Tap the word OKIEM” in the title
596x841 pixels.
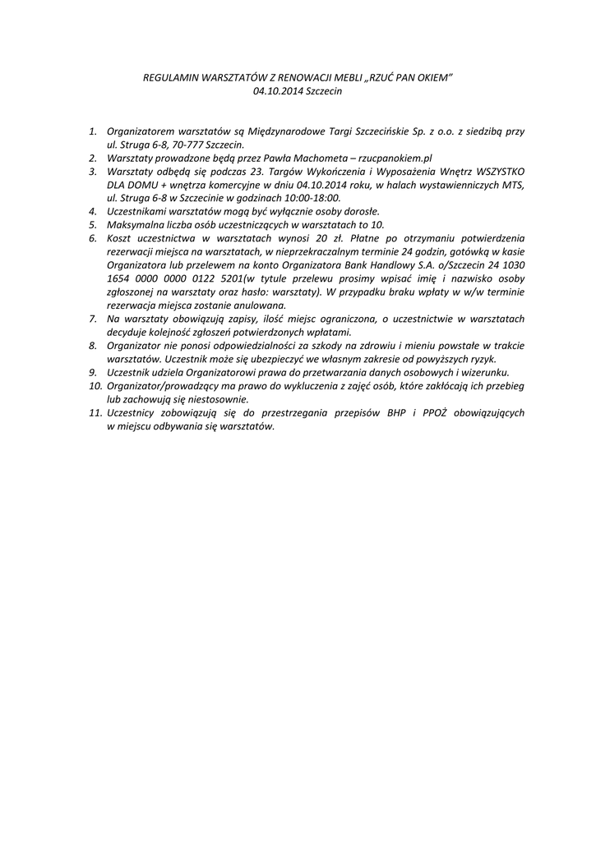[x=435, y=76]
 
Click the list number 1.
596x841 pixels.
[x=94, y=131]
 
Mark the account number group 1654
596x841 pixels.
[x=121, y=279]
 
